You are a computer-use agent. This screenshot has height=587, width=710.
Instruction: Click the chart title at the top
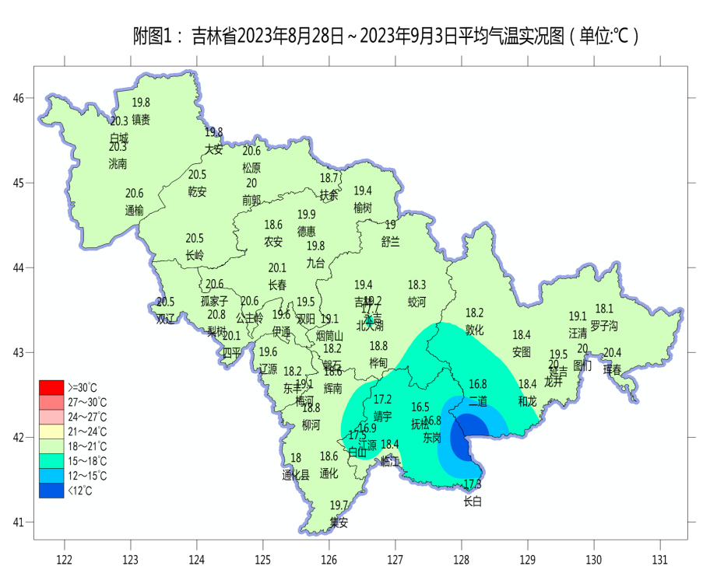385,36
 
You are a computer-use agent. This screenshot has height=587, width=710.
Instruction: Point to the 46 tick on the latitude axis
19,98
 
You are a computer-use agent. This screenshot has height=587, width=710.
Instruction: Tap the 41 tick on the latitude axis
19,522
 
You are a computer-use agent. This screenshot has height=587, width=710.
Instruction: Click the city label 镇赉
141,120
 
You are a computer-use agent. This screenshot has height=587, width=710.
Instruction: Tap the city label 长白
473,502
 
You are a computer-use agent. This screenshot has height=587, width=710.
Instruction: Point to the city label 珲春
613,371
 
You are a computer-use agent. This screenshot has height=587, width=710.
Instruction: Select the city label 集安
339,523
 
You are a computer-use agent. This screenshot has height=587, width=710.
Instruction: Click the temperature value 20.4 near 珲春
613,353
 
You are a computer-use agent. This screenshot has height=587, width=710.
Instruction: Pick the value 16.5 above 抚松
420,407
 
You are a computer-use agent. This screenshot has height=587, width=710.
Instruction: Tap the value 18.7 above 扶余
329,178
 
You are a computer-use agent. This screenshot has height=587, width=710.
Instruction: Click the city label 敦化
475,330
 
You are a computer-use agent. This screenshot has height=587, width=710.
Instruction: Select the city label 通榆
135,211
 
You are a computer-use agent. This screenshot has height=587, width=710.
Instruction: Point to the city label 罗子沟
604,325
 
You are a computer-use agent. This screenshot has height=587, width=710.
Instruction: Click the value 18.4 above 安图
522,334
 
